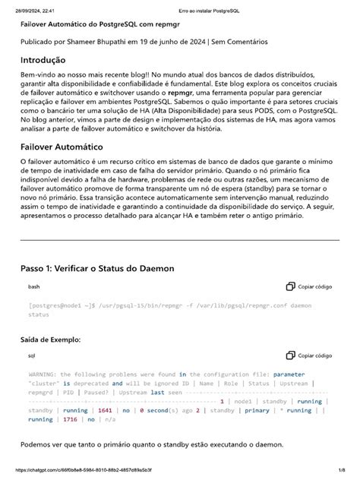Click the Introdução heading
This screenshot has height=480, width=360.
pos(43,61)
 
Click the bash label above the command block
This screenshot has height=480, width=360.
pos(34,287)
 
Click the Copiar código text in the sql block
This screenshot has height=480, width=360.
pos(315,355)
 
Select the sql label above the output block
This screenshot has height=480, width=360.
pos(32,355)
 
